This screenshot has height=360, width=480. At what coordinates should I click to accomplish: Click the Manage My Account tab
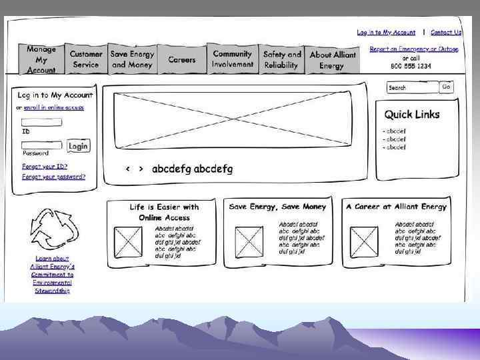pyautogui.click(x=41, y=59)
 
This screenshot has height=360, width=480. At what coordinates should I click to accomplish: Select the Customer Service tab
pyautogui.click(x=86, y=59)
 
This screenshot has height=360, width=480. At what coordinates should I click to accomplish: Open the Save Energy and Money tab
pyautogui.click(x=132, y=59)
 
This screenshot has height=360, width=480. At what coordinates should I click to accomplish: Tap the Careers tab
pyautogui.click(x=182, y=60)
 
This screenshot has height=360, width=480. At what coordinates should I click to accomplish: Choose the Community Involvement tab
pyautogui.click(x=233, y=59)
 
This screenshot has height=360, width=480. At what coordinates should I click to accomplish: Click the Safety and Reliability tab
pyautogui.click(x=282, y=60)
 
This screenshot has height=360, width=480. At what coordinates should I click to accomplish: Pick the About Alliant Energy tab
pyautogui.click(x=333, y=60)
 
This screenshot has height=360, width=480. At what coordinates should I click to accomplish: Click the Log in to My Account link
pyautogui.click(x=386, y=33)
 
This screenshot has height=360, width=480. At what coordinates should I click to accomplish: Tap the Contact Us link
pyautogui.click(x=446, y=33)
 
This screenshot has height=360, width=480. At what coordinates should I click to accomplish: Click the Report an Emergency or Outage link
pyautogui.click(x=414, y=49)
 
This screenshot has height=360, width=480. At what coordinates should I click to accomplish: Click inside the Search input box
pyautogui.click(x=412, y=87)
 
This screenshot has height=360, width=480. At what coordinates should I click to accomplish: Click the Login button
pyautogui.click(x=78, y=146)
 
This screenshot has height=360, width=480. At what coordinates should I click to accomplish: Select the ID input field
pyautogui.click(x=41, y=123)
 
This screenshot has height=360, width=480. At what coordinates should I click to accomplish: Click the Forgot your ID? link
pyautogui.click(x=45, y=167)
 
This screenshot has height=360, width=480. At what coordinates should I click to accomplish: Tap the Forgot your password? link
pyautogui.click(x=53, y=177)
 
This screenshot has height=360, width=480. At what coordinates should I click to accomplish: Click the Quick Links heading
pyautogui.click(x=412, y=115)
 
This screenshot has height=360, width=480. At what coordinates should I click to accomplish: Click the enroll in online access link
pyautogui.click(x=53, y=107)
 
